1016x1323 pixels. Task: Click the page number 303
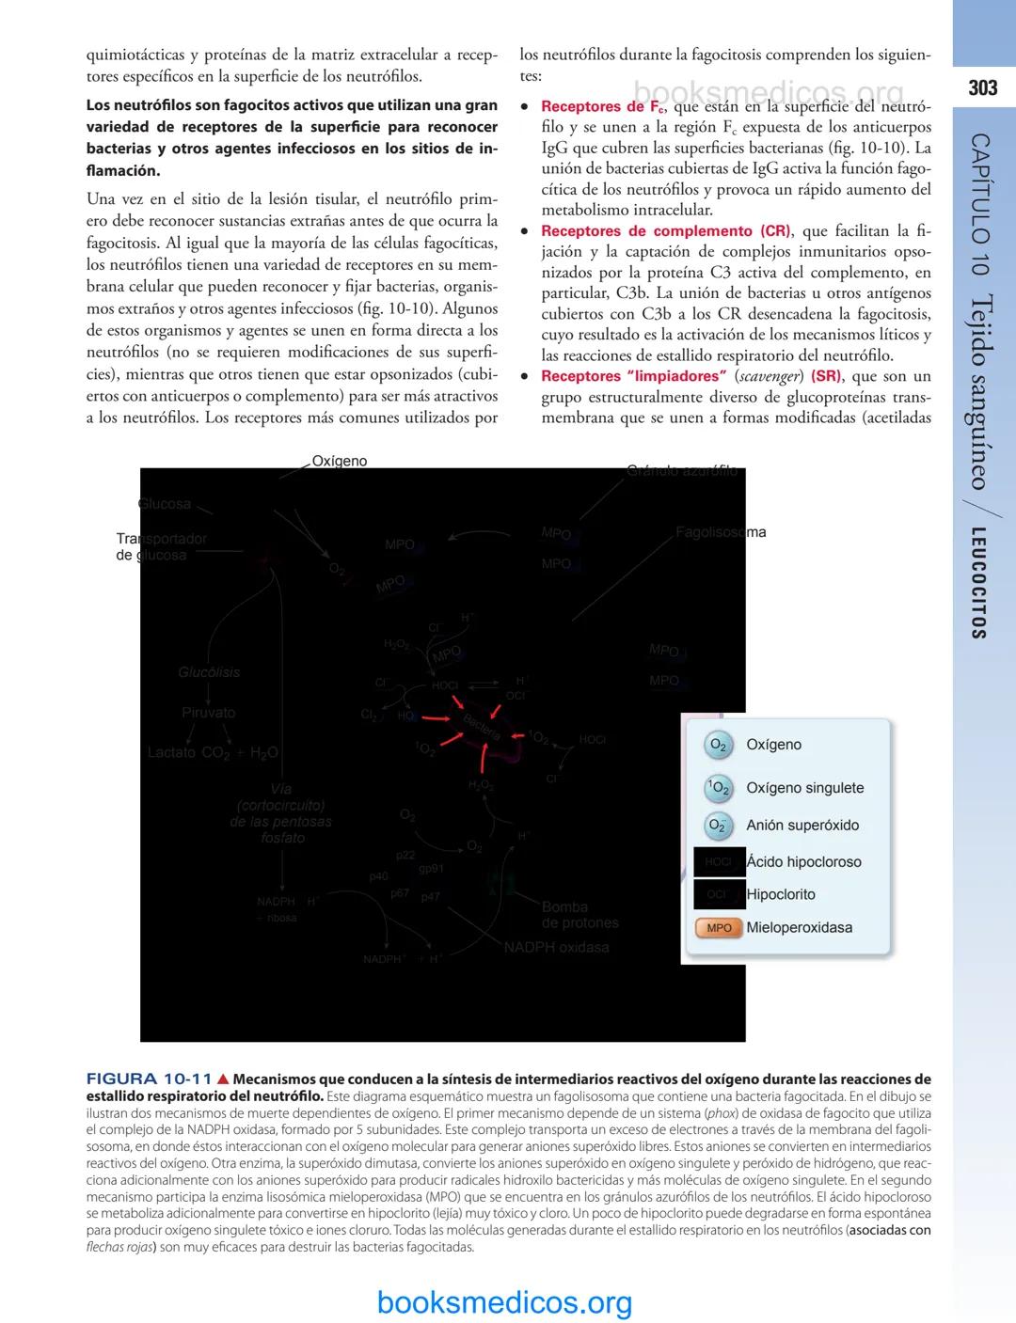pyautogui.click(x=982, y=88)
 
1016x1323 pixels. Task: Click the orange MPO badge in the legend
pyautogui.click(x=719, y=928)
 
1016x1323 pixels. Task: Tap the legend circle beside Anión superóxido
pyautogui.click(x=719, y=826)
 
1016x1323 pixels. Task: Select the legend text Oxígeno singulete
pyautogui.click(x=804, y=788)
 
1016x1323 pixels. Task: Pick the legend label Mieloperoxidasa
pyautogui.click(x=799, y=927)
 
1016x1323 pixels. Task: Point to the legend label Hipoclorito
pyautogui.click(x=781, y=894)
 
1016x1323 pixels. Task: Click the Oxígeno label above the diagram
pyautogui.click(x=340, y=461)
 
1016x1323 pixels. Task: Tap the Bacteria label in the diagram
pyautogui.click(x=482, y=725)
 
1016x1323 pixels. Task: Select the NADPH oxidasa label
pyautogui.click(x=556, y=947)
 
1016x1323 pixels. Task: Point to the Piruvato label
pyautogui.click(x=209, y=713)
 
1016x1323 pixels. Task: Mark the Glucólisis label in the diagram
pyautogui.click(x=209, y=672)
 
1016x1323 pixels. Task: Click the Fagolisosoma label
pyautogui.click(x=721, y=532)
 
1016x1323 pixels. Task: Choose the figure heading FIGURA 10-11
pyautogui.click(x=149, y=1079)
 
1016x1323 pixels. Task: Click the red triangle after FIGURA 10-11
pyautogui.click(x=223, y=1079)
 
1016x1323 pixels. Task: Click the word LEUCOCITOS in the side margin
pyautogui.click(x=979, y=583)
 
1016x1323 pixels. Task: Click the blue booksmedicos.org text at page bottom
pyautogui.click(x=504, y=1302)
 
